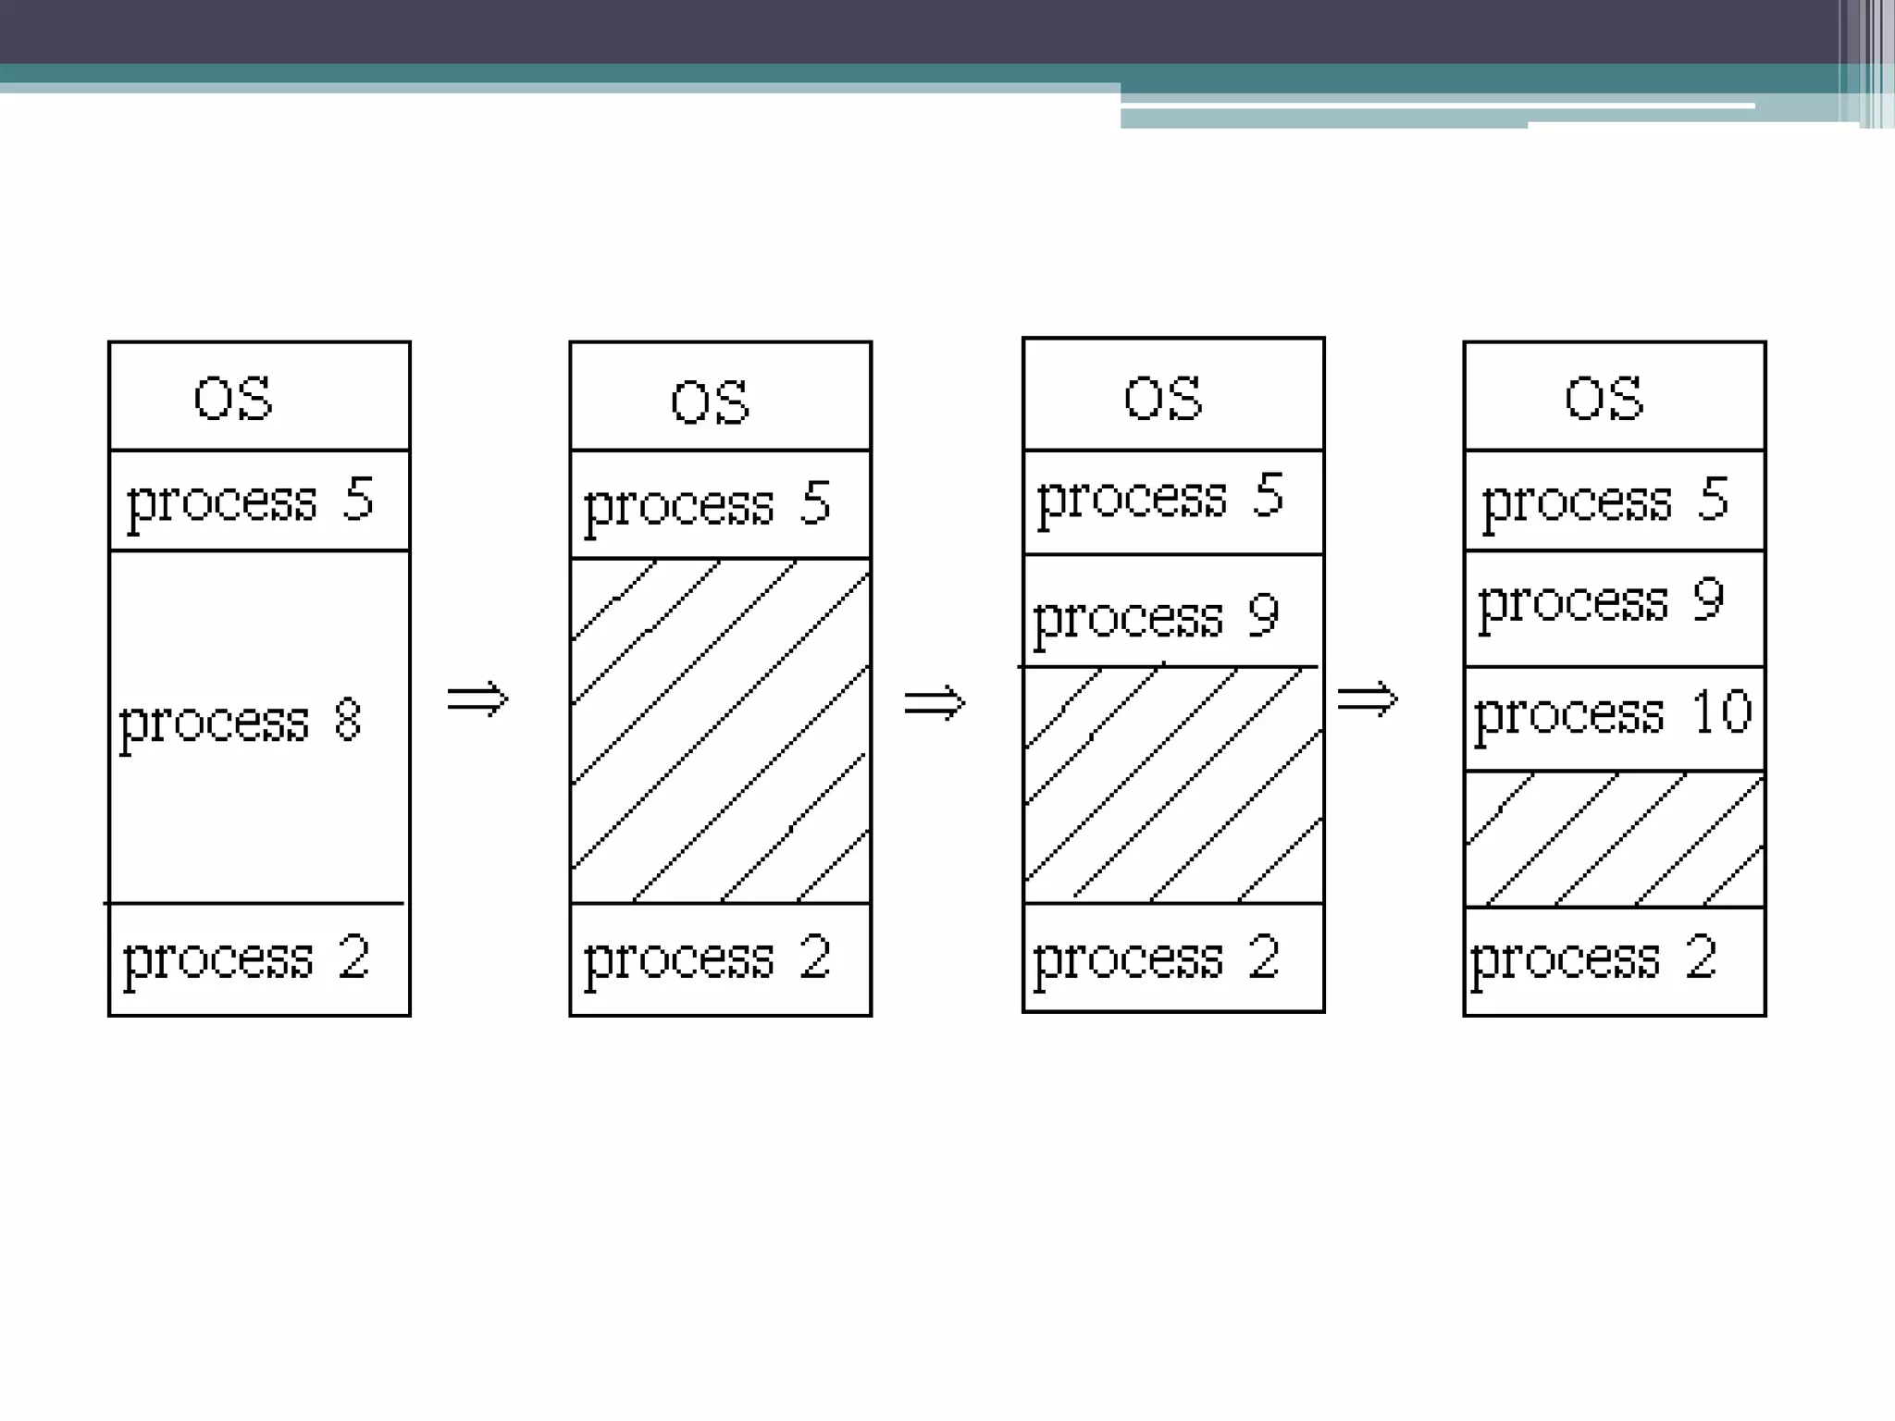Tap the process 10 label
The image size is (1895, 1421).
click(1613, 714)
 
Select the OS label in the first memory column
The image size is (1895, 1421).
click(233, 399)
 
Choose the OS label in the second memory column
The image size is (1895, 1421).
click(710, 402)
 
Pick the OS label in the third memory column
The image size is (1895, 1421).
click(1163, 399)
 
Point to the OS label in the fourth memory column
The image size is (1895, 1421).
click(1604, 399)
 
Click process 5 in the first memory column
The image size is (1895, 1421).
click(250, 501)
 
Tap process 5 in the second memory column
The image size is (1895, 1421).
click(708, 505)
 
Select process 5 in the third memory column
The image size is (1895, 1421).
click(1160, 498)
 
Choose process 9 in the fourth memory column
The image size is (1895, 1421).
click(1602, 602)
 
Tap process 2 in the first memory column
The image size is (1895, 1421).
click(246, 958)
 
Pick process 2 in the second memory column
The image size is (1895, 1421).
click(708, 958)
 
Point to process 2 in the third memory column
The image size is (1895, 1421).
click(1157, 958)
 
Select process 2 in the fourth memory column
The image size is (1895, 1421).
click(1594, 958)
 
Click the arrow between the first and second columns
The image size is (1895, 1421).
click(477, 698)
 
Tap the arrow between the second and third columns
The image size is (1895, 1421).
click(935, 702)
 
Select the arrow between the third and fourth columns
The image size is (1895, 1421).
click(1368, 698)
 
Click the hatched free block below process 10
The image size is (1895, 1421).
click(1615, 839)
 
